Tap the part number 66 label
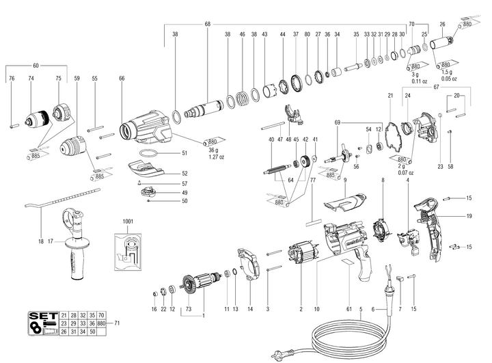pos(122,79)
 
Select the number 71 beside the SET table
pos(117,322)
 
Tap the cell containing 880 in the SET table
pos(102,322)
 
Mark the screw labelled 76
pos(12,125)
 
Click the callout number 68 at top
pos(208,25)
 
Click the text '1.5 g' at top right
pos(446,72)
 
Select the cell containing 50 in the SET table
pos(92,331)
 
